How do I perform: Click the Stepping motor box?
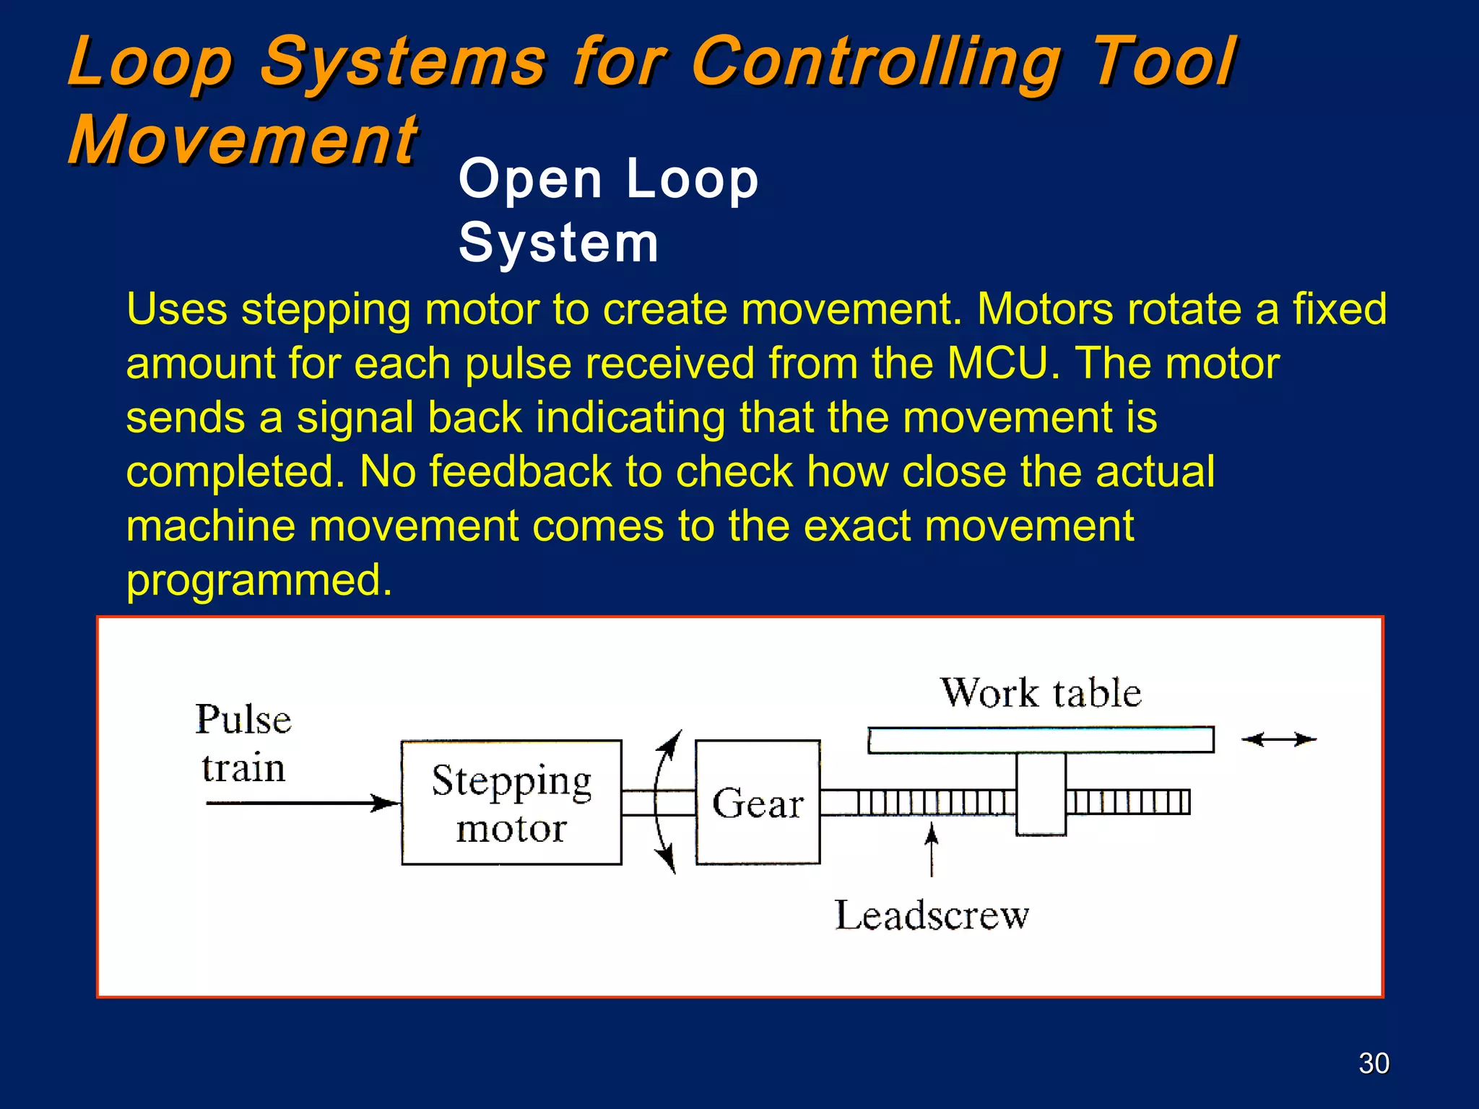point(511,802)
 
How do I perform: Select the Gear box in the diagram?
point(758,802)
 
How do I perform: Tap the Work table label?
point(1041,693)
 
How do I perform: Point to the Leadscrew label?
point(932,916)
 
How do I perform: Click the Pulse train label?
point(243,743)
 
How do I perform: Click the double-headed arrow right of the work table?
point(1279,739)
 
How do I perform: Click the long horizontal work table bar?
point(1041,740)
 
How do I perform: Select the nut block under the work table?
point(1041,794)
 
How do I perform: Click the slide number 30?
point(1374,1064)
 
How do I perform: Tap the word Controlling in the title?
point(876,63)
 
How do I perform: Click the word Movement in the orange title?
point(243,140)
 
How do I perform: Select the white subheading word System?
point(558,243)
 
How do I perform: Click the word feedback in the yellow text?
point(521,471)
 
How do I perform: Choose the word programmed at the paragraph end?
point(259,580)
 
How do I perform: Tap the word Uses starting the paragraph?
point(177,309)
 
